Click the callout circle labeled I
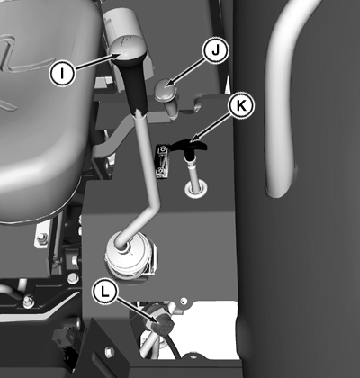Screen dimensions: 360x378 pyautogui.click(x=62, y=73)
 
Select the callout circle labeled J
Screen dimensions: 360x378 pyautogui.click(x=216, y=51)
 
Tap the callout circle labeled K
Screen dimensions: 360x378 pyautogui.click(x=241, y=105)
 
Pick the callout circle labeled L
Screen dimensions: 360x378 pyautogui.click(x=104, y=292)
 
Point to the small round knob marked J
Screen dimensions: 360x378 pyautogui.click(x=165, y=88)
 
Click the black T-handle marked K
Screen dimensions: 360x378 pyautogui.click(x=188, y=146)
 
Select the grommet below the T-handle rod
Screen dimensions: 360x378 pyautogui.click(x=196, y=190)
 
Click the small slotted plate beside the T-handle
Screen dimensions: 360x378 pyautogui.click(x=163, y=162)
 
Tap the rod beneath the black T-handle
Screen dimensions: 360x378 pyautogui.click(x=193, y=171)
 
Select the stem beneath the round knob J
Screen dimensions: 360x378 pyautogui.click(x=173, y=107)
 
